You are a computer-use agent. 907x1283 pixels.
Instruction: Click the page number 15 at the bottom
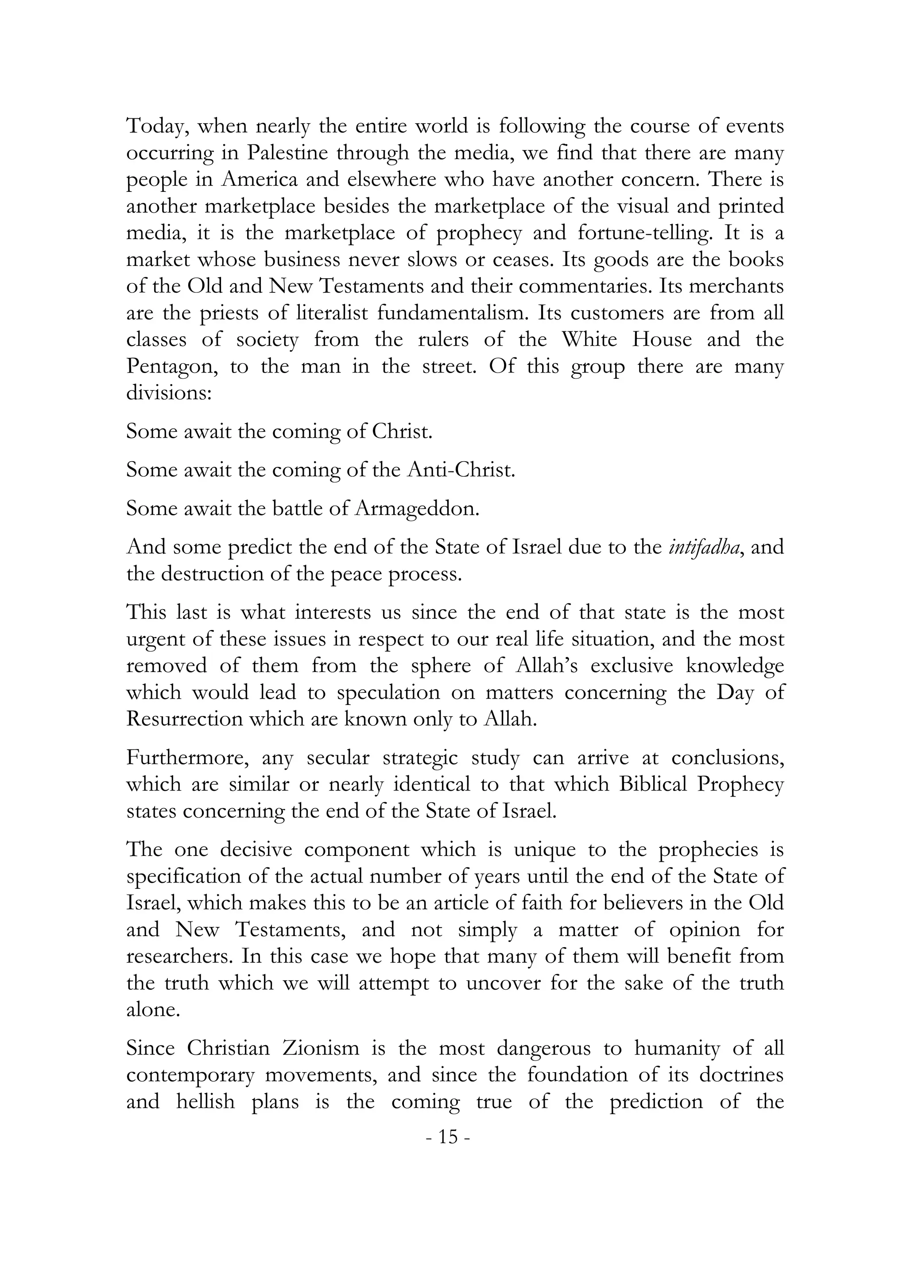[x=447, y=1137]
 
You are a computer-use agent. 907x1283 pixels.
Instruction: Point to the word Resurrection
[x=184, y=719]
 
